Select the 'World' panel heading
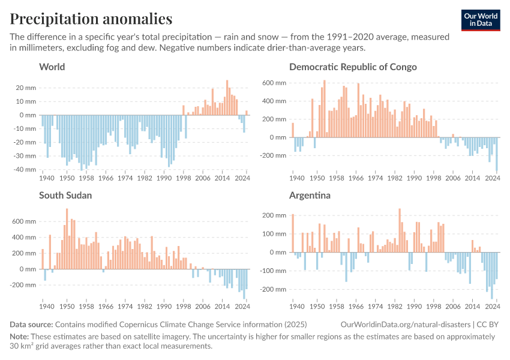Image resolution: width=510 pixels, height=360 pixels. pos(52,67)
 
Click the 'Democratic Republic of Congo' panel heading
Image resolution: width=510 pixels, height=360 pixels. pos(353,67)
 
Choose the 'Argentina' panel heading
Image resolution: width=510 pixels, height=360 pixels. pos(310,195)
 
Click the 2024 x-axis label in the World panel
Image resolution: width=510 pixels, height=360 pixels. pos(243,178)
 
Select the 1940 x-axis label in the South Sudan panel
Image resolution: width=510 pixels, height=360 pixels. pos(46,307)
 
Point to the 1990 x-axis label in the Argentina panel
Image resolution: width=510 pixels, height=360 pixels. pos(414,307)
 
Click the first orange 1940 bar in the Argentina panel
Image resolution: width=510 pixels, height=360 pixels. pos(293,233)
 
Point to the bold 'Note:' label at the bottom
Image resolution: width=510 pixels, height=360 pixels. pos(20,337)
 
